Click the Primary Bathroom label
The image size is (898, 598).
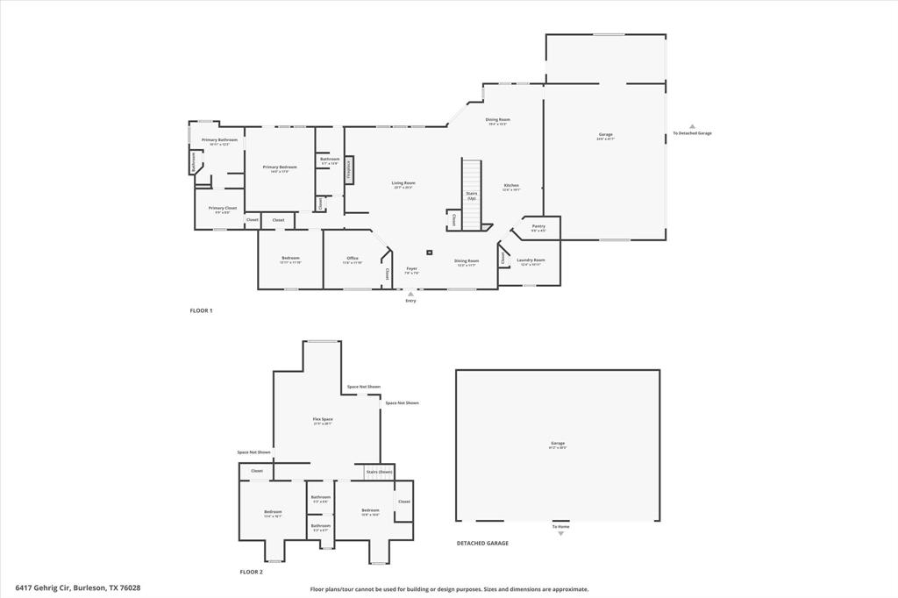219,140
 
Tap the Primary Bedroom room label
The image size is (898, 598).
280,167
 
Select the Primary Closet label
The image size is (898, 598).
223,209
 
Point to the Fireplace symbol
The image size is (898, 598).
348,169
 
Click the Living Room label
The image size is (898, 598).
403,183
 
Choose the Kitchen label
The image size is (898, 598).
511,186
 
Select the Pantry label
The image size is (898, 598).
538,226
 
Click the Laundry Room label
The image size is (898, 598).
531,260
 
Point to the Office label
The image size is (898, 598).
353,259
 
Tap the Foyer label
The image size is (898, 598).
411,269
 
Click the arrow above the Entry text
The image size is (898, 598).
410,294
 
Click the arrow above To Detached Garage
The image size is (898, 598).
692,126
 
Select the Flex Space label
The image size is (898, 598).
323,419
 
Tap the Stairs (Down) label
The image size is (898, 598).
379,472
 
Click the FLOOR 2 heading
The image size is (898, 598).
251,572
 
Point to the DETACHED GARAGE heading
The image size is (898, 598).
482,544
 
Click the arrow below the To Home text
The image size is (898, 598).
560,533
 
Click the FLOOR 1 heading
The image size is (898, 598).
201,311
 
